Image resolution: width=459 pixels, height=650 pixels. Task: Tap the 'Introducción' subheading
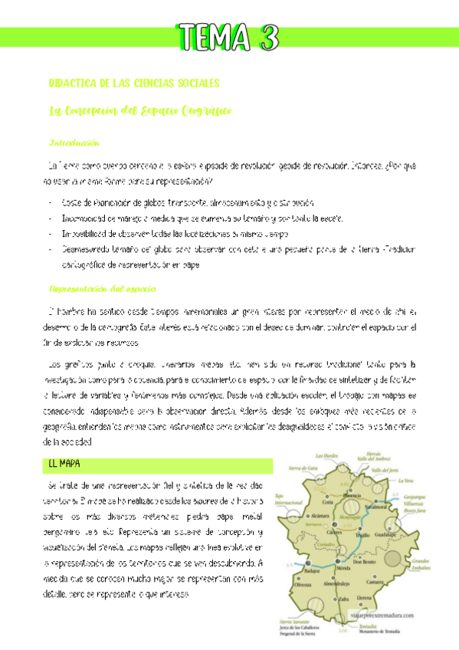[74, 143]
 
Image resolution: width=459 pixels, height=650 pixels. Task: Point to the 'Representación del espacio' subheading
[102, 289]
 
